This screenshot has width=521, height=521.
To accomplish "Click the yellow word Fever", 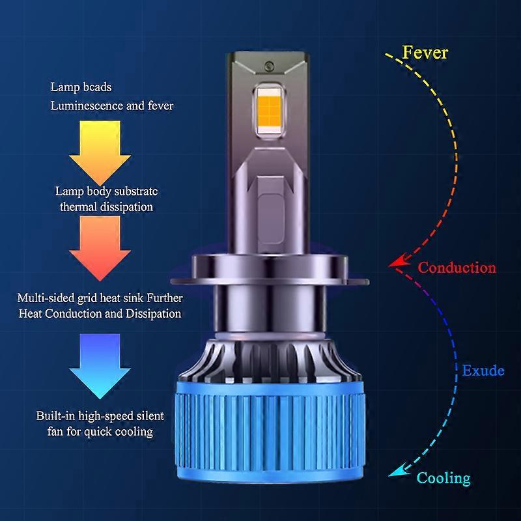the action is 425,53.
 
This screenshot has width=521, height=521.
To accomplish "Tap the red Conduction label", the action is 457,268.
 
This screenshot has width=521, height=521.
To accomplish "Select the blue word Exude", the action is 483,371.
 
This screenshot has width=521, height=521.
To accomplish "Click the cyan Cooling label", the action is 444,478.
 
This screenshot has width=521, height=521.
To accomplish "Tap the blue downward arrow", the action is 100,366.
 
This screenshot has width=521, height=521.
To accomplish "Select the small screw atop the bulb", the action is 269,66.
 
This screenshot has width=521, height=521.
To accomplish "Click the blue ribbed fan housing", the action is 270,432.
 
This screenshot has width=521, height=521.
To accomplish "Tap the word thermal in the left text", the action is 79,206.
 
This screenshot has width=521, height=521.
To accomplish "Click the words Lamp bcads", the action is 81,87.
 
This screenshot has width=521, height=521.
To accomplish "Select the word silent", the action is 149,415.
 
